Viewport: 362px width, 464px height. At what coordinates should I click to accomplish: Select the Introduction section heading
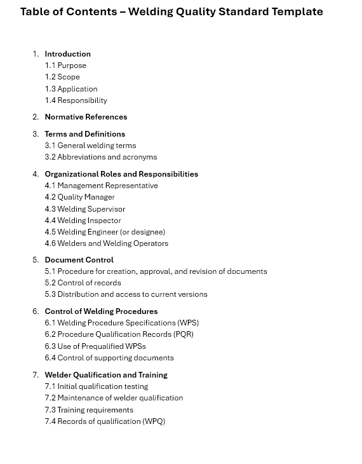(67, 54)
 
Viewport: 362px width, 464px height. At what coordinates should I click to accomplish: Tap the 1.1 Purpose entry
(65, 65)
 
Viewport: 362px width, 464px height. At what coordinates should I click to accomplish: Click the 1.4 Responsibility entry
(76, 100)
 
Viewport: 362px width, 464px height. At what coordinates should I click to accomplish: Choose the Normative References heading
(86, 117)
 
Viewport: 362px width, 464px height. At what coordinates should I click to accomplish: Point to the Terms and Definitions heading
(84, 134)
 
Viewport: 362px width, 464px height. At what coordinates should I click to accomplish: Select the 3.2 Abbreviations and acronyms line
(100, 157)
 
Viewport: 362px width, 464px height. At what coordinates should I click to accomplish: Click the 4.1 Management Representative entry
(101, 186)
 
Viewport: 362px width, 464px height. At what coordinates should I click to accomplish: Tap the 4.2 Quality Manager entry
(79, 197)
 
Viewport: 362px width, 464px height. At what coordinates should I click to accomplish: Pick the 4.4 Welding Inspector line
(83, 221)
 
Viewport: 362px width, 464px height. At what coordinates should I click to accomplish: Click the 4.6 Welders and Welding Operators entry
(106, 243)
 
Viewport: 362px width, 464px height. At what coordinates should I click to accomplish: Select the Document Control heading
(79, 260)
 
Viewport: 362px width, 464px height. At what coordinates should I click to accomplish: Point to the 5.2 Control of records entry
(83, 283)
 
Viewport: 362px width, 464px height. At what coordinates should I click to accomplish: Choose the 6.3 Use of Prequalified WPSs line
(95, 346)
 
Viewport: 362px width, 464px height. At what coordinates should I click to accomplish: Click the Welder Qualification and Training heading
(106, 375)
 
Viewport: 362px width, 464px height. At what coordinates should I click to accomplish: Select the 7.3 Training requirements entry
(89, 410)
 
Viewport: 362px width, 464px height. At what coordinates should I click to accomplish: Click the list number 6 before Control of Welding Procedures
(36, 311)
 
